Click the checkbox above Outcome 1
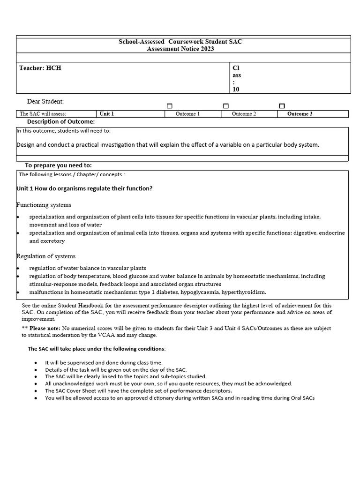coord(170,106)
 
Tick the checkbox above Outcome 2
coord(226,106)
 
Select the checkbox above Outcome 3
coord(282,106)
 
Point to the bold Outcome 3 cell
coord(300,114)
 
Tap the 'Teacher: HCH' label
coord(40,68)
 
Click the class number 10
coord(236,89)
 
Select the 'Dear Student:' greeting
coord(45,102)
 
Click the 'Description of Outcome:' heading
coord(61,122)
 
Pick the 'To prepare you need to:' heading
coord(59,165)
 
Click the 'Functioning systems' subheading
coord(44,205)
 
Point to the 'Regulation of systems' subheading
coord(46,256)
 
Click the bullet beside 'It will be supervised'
coord(36,363)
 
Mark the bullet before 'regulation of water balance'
coord(18,269)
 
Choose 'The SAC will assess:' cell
coord(43,114)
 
